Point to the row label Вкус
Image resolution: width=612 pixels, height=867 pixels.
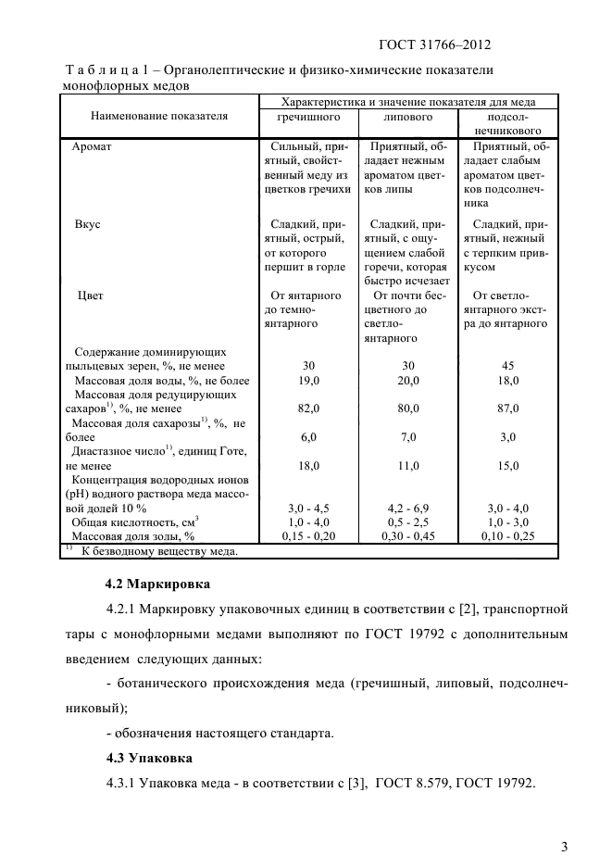[x=87, y=224]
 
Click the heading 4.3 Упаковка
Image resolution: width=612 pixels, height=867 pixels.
[x=148, y=759]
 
